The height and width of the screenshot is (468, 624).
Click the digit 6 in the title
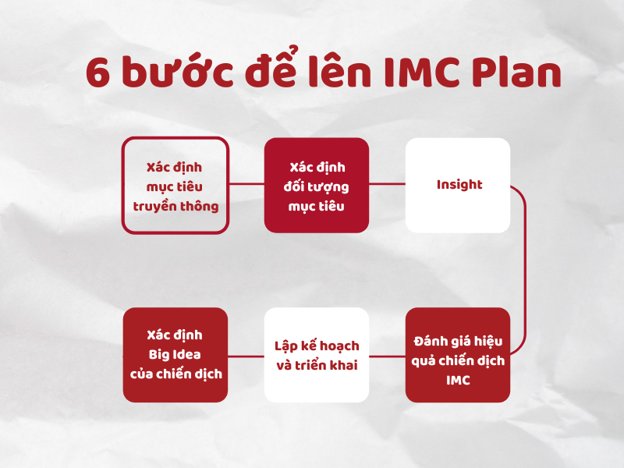point(100,74)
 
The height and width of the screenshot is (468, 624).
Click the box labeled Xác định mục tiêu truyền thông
point(175,185)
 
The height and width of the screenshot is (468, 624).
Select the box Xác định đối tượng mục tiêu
point(317,185)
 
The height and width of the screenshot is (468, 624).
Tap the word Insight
point(459,185)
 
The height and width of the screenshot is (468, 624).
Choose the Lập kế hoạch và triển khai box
point(317,355)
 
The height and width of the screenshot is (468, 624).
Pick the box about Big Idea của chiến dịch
point(175,355)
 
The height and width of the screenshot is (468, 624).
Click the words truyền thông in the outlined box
point(175,207)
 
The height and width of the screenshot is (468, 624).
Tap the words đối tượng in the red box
point(317,187)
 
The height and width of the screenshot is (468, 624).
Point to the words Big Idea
point(175,355)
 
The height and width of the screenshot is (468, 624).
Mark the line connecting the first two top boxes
point(246,185)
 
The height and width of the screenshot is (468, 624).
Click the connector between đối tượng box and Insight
point(388,185)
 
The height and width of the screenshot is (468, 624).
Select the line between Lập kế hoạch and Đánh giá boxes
point(388,356)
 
